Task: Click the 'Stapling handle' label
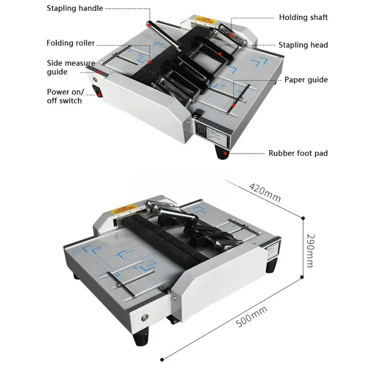point(75,8)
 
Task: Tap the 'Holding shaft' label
point(303,17)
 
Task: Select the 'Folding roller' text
point(71,43)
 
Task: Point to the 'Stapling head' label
point(303,45)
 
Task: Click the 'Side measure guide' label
point(71,67)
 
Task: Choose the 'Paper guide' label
point(306,80)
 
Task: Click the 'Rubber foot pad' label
point(298,153)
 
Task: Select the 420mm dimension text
point(264,192)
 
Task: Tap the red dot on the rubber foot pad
point(225,153)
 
